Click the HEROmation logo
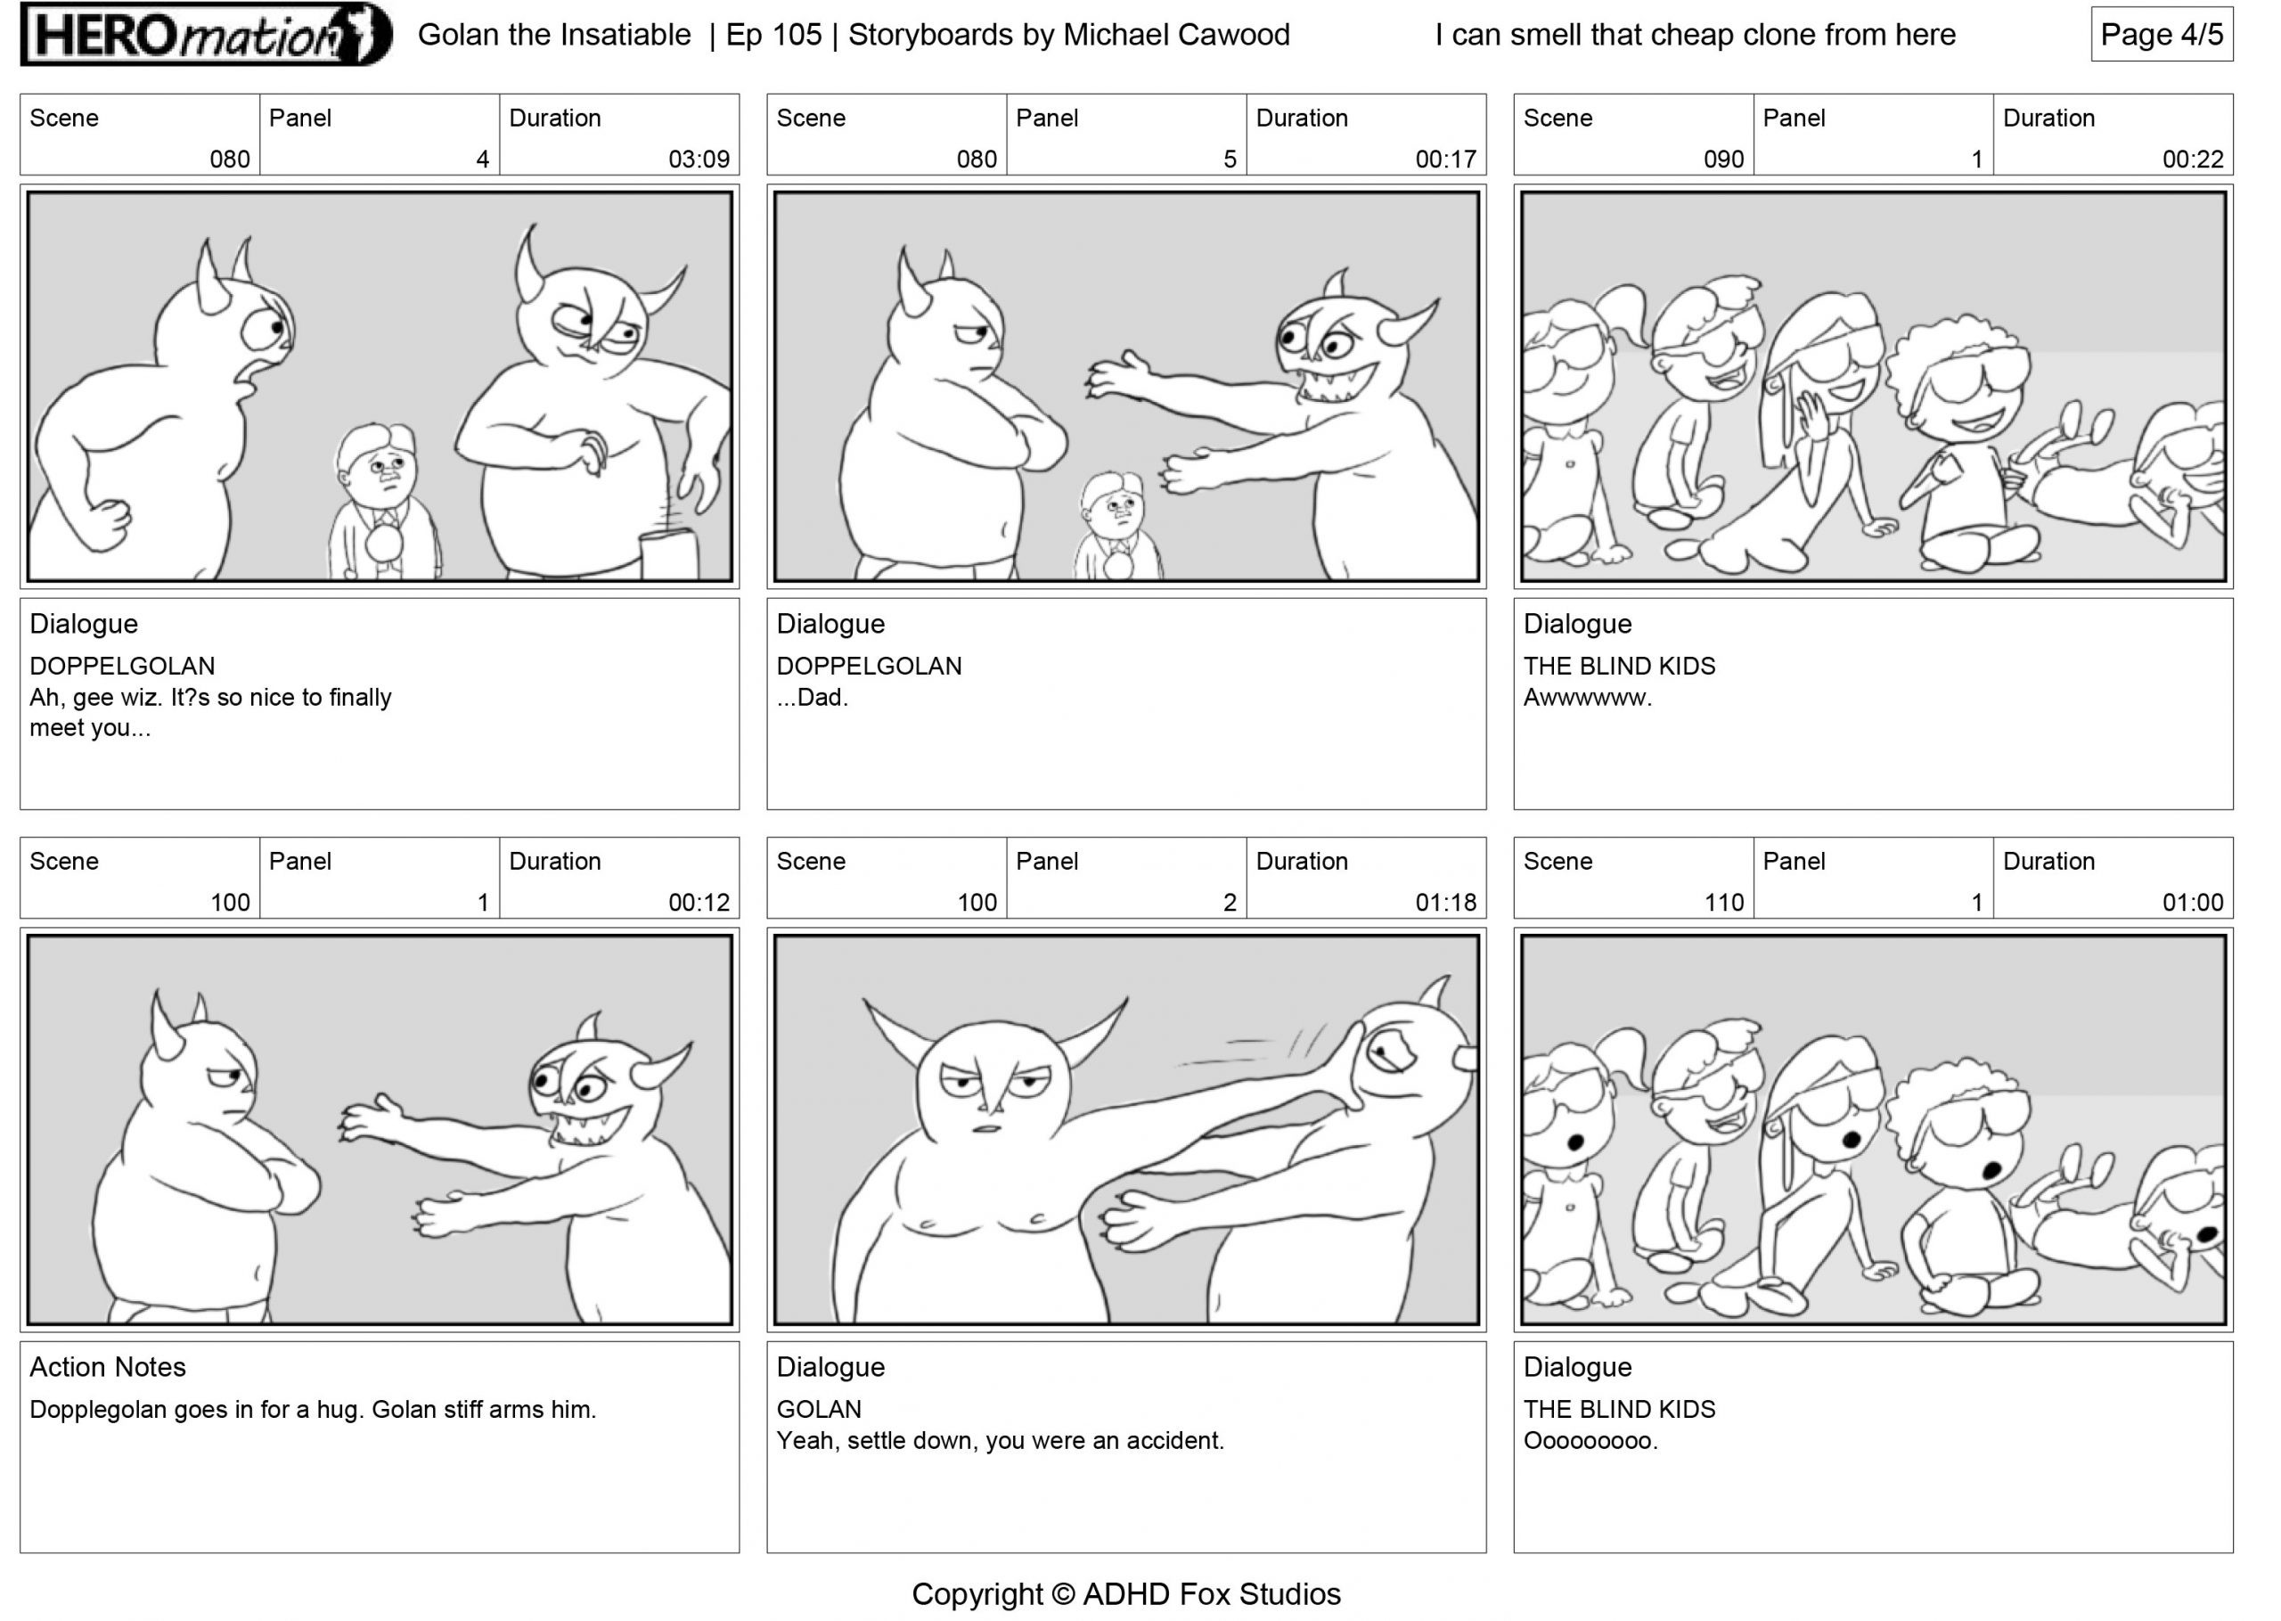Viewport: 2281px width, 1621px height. point(207,35)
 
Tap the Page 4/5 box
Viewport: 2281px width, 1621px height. point(2162,35)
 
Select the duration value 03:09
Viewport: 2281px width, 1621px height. point(699,160)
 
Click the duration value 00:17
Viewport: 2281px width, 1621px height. point(1445,160)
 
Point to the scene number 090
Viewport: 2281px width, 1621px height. point(1723,160)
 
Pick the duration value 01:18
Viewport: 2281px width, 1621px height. point(1445,904)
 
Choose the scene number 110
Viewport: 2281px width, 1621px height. point(1723,904)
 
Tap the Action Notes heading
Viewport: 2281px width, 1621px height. point(108,1368)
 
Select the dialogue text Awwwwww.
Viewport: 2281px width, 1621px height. point(1588,698)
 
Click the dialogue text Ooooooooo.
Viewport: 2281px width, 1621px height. point(1590,1441)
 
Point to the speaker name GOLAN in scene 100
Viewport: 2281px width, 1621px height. point(819,1410)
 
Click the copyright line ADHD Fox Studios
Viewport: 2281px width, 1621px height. point(1212,1594)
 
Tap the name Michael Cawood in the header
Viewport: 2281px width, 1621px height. point(1176,35)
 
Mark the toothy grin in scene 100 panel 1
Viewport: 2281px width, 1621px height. point(594,1125)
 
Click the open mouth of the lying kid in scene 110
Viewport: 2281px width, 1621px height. point(2208,1235)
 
